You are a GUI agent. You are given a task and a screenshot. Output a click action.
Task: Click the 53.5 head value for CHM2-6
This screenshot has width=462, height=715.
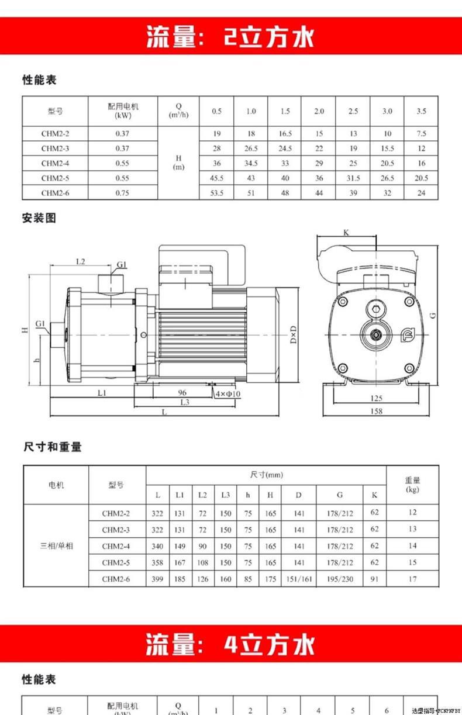pyautogui.click(x=217, y=193)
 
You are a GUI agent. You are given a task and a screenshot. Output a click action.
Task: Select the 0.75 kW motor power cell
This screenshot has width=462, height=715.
pyautogui.click(x=123, y=193)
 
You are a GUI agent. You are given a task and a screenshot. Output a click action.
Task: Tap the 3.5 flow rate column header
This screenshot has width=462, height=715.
pyautogui.click(x=421, y=111)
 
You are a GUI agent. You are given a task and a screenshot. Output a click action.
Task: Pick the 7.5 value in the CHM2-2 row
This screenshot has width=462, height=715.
pyautogui.click(x=421, y=134)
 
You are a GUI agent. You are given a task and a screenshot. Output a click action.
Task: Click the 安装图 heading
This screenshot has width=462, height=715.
pyautogui.click(x=39, y=218)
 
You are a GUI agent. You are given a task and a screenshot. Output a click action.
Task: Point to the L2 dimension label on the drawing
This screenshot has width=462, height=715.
pyautogui.click(x=81, y=261)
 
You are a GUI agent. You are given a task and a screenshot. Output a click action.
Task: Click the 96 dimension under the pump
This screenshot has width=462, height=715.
pyautogui.click(x=182, y=392)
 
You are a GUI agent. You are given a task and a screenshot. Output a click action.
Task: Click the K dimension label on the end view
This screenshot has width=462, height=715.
pyautogui.click(x=346, y=232)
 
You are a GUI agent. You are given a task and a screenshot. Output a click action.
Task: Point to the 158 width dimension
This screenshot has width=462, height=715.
pyautogui.click(x=377, y=411)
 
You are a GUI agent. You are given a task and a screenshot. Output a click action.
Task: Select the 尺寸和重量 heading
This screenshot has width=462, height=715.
pyautogui.click(x=53, y=447)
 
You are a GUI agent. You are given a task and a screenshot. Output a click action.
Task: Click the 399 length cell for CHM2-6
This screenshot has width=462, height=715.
pyautogui.click(x=157, y=579)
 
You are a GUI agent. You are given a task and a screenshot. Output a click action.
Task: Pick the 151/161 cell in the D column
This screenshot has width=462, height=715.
pyautogui.click(x=299, y=579)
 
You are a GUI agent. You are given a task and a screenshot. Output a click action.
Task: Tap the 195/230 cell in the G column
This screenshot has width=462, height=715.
pyautogui.click(x=340, y=579)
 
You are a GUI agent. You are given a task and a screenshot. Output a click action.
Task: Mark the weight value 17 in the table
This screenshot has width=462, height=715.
pyautogui.click(x=413, y=579)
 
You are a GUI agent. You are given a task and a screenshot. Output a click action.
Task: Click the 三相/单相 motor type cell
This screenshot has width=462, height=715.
pyautogui.click(x=56, y=546)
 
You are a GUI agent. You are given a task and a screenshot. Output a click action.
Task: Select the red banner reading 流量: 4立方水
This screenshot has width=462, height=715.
pyautogui.click(x=231, y=644)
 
